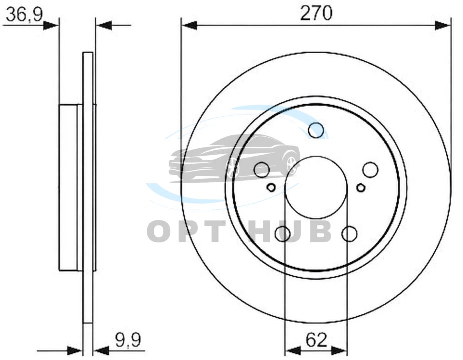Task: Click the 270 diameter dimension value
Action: (x=316, y=13)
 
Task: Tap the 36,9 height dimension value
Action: (x=25, y=15)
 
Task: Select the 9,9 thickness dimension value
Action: (x=128, y=340)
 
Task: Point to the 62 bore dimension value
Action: (x=317, y=340)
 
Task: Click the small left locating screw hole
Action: (x=271, y=187)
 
